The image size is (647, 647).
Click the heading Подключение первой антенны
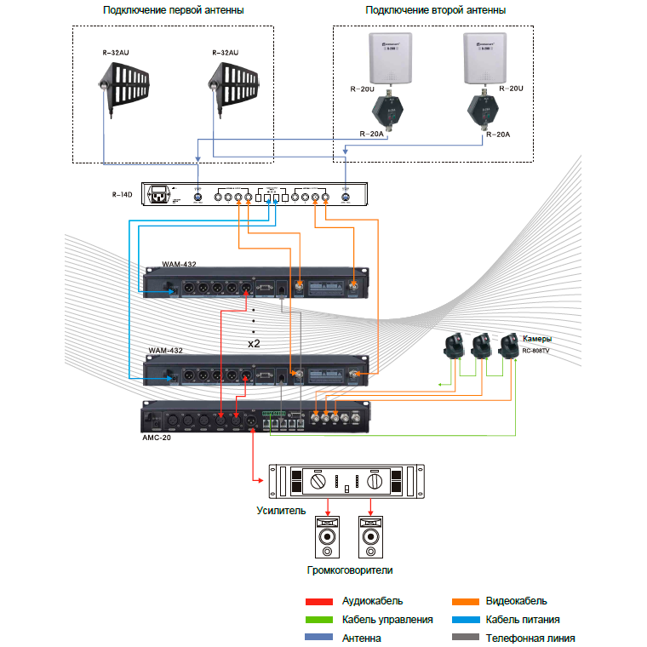tap(173, 10)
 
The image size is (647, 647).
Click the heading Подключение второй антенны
tap(435, 10)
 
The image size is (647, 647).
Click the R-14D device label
tap(123, 195)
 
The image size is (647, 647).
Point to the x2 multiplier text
tap(254, 344)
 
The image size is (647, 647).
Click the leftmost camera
tap(452, 346)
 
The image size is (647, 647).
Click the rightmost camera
tap(510, 345)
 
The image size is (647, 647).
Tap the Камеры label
tap(537, 338)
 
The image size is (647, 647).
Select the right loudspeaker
tap(370, 536)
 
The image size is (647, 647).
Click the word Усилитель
tap(280, 511)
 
